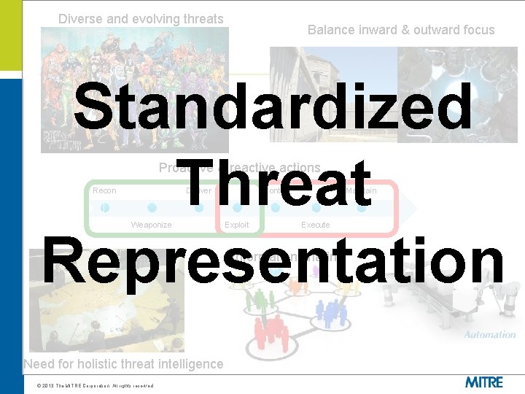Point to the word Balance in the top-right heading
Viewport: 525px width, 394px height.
coord(331,30)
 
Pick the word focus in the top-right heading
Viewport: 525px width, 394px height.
coord(478,30)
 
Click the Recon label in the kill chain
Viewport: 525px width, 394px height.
coord(104,191)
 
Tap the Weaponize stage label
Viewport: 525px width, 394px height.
coord(151,225)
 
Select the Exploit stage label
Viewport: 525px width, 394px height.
coord(236,225)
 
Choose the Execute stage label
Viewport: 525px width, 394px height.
coord(316,225)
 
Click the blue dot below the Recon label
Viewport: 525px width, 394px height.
coord(105,208)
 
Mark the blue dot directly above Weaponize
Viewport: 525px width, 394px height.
coord(152,208)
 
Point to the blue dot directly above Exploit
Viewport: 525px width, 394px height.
coord(236,208)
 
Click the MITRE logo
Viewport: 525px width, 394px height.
coord(483,381)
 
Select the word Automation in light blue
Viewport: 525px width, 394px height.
coord(489,335)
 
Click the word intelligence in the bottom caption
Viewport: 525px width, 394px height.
coord(187,364)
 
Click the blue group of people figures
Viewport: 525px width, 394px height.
coord(332,314)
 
